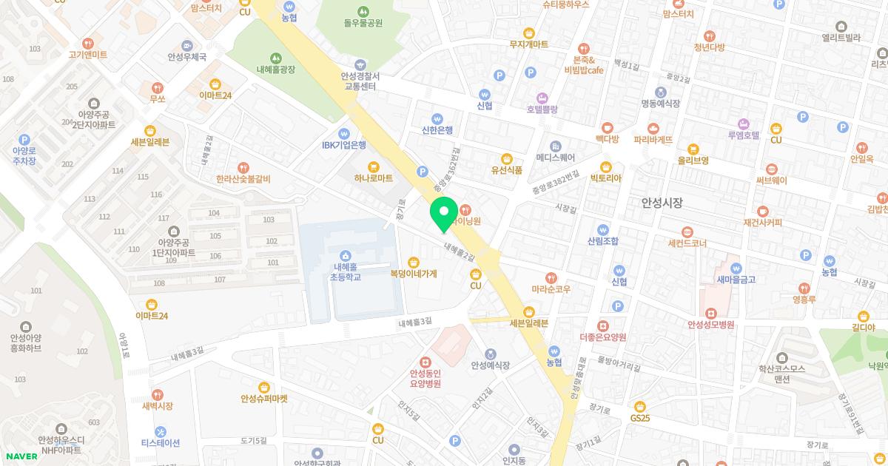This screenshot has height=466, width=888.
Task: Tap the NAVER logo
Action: pyautogui.click(x=21, y=456)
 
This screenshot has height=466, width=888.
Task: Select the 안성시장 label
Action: pyautogui.click(x=662, y=202)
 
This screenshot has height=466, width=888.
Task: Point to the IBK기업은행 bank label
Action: pyautogui.click(x=344, y=145)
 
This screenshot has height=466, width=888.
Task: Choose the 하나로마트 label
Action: pyautogui.click(x=373, y=178)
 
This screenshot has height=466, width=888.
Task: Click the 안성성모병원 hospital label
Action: pyautogui.click(x=710, y=324)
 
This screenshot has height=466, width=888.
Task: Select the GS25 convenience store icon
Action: pyautogui.click(x=640, y=405)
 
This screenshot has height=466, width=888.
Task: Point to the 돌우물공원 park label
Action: pyautogui.click(x=363, y=22)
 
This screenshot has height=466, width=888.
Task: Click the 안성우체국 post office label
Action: pyautogui.click(x=186, y=56)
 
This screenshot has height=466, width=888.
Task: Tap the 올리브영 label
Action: pyautogui.click(x=693, y=160)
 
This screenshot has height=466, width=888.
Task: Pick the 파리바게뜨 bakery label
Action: pyautogui.click(x=653, y=139)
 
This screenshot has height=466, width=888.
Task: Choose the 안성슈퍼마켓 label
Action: pyautogui.click(x=264, y=398)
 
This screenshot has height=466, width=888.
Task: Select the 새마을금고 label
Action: pyautogui.click(x=736, y=279)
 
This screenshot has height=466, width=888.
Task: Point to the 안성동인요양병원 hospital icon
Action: pyautogui.click(x=425, y=362)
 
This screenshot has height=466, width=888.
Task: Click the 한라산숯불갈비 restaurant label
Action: pyautogui.click(x=243, y=179)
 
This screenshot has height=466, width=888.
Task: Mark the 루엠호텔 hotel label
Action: pyautogui.click(x=744, y=135)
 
